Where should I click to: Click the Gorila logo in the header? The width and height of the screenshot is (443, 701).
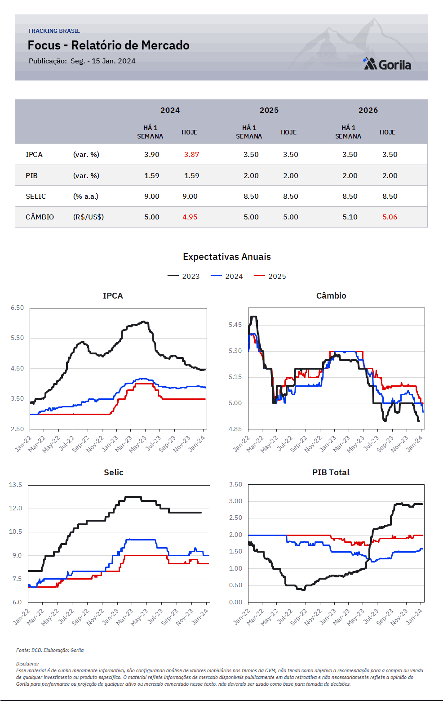pos(387,64)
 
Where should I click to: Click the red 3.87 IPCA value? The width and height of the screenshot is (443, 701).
pos(191,154)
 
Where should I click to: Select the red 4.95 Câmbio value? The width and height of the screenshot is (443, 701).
pos(190,217)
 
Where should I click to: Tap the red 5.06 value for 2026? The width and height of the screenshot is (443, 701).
pos(390,217)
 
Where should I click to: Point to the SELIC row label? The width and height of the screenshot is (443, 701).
pos(35,196)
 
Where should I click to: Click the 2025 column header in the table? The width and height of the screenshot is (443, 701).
pos(269,110)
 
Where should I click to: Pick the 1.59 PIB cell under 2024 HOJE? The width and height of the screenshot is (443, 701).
pos(191,175)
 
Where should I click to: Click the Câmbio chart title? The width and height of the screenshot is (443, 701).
pos(331,295)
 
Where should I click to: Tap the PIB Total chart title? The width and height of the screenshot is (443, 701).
pos(331,472)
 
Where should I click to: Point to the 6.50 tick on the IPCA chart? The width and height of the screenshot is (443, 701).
pos(17,308)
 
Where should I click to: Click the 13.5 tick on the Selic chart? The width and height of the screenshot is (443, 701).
pos(15,485)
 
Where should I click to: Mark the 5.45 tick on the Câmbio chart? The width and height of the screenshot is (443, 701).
pos(235,325)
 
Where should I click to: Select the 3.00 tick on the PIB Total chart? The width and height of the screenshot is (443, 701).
pos(235,501)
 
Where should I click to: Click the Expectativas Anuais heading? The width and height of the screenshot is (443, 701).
pos(226,257)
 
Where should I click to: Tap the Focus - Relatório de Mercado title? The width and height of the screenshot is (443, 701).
pos(108,45)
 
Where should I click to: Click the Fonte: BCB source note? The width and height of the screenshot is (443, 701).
pos(50,650)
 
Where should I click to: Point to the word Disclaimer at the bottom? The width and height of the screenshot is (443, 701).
pos(27,664)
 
